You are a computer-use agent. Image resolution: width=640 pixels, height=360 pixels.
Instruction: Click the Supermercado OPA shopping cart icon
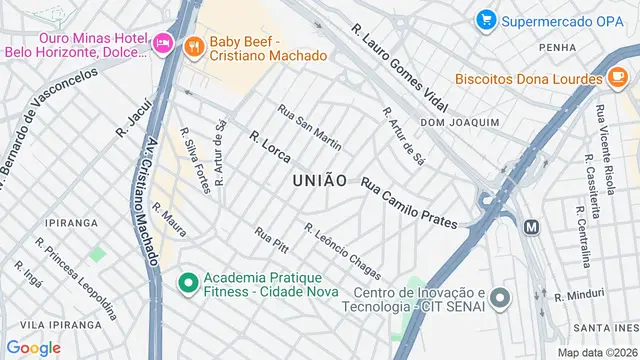486,19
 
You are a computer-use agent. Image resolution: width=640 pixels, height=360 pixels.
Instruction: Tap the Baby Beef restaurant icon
194,44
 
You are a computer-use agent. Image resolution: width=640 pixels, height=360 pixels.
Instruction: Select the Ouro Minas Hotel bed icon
163,42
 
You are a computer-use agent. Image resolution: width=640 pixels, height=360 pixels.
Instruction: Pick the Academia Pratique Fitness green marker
186,283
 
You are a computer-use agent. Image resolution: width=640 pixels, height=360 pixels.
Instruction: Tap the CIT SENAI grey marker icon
501,298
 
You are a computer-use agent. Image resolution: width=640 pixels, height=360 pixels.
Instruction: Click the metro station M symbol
531,227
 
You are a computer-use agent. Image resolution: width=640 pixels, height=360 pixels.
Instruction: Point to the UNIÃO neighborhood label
320,181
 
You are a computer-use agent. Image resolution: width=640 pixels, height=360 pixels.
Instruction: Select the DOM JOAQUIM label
459,122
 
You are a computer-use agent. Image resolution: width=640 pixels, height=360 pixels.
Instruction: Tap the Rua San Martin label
309,128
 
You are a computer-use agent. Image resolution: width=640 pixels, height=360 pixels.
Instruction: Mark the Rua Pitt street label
271,240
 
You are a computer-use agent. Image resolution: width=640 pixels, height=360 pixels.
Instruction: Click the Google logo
33,347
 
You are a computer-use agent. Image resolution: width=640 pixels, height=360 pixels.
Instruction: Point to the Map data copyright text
596,352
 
